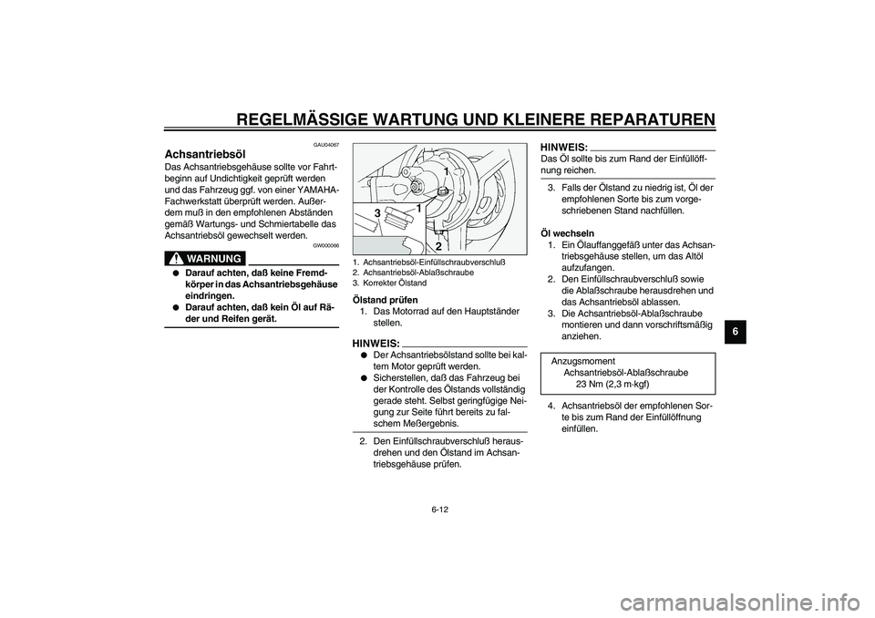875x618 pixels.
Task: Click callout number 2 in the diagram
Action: click(x=437, y=246)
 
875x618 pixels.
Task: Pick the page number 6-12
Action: click(x=437, y=510)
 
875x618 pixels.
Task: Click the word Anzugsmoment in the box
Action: click(x=583, y=361)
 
